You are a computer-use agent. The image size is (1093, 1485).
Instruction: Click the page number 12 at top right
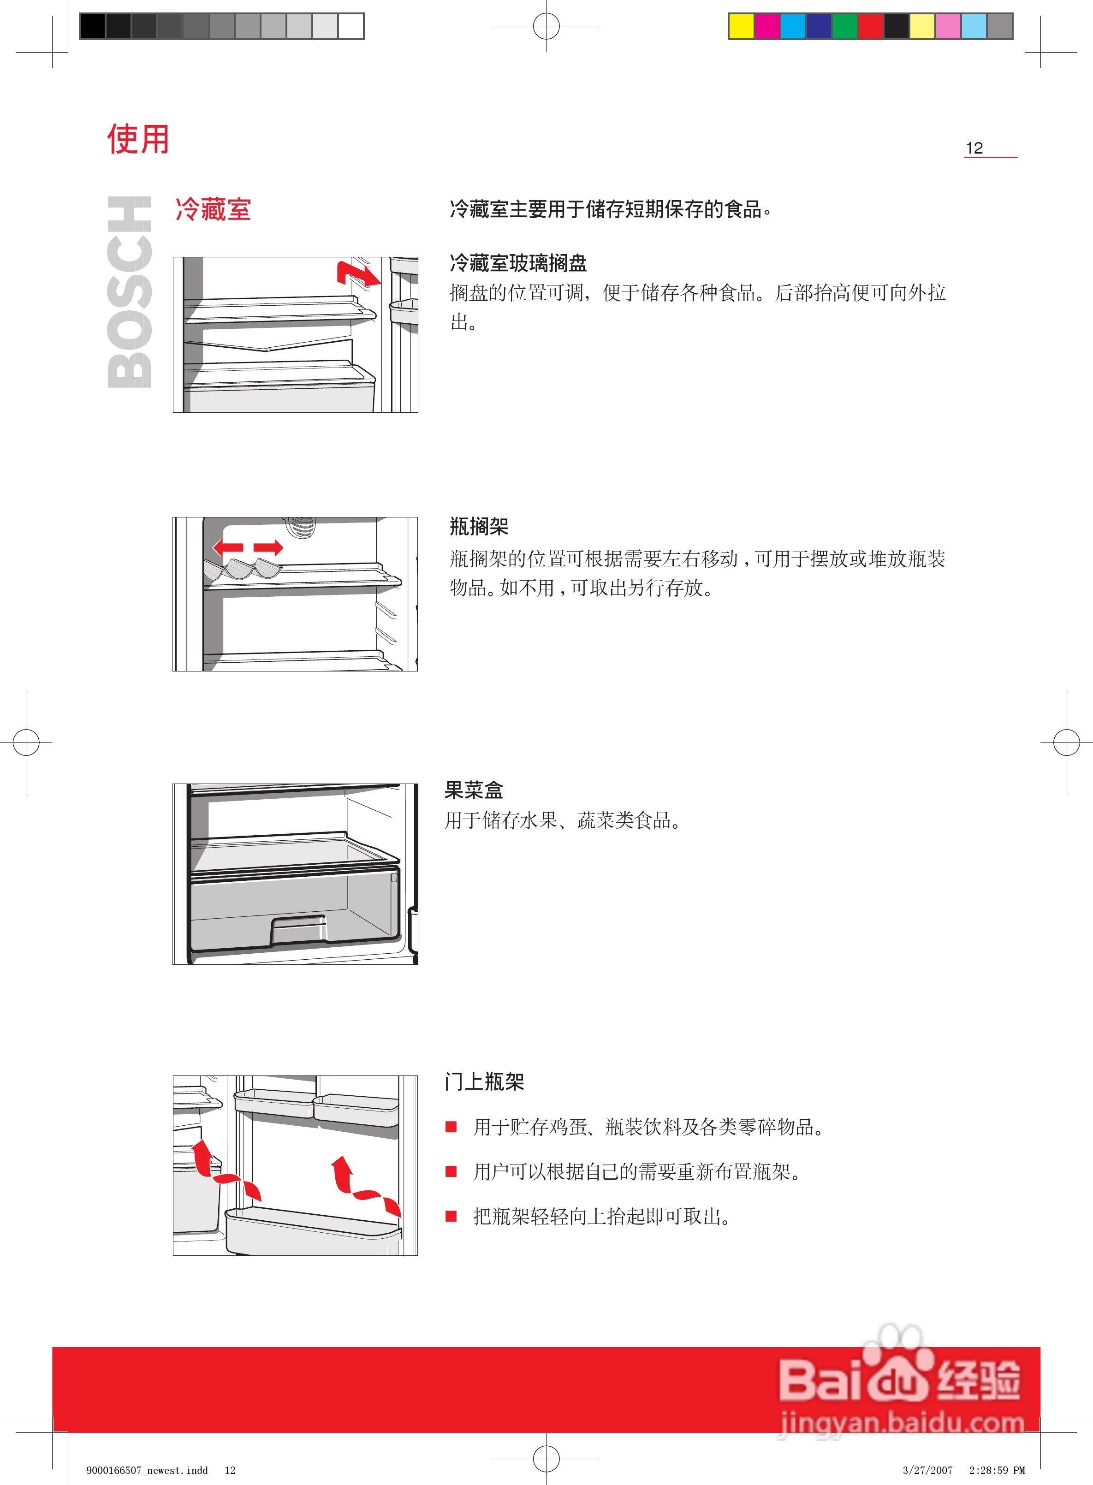click(974, 148)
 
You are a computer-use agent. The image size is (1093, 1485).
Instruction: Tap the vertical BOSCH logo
click(129, 292)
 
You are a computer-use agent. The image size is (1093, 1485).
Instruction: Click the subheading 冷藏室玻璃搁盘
click(518, 263)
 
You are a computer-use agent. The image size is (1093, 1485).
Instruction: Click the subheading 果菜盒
click(474, 790)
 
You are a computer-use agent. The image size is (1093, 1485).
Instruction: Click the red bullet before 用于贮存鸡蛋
click(451, 1127)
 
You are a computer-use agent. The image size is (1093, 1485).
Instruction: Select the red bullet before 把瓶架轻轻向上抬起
click(451, 1216)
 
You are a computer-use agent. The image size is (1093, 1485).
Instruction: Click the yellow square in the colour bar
click(741, 26)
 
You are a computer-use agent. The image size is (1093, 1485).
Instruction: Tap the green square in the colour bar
click(844, 26)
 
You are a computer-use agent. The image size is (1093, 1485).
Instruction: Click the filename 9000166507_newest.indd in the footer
click(147, 1470)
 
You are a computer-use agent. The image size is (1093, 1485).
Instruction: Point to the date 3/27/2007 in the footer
click(927, 1470)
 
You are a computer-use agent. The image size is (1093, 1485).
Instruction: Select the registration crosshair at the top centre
click(546, 26)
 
